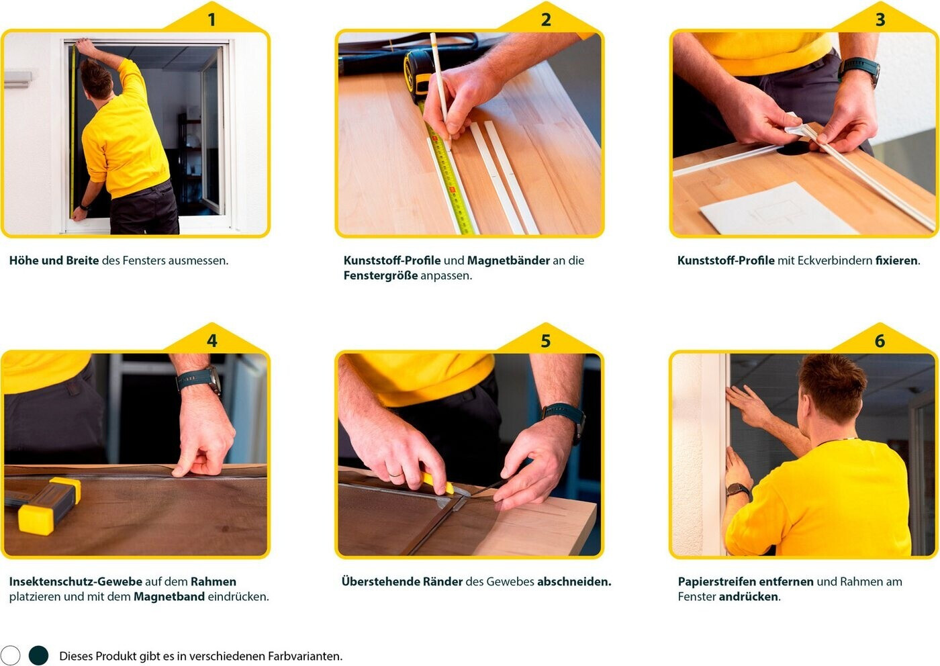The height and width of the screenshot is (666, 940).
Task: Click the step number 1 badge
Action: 211,19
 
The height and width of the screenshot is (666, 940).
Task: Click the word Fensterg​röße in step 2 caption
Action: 381,276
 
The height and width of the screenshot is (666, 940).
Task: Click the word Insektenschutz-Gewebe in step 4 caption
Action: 75,581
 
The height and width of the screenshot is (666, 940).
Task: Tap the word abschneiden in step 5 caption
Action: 573,581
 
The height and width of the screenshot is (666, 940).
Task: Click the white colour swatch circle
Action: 11,655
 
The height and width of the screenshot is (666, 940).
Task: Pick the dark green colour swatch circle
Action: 39,655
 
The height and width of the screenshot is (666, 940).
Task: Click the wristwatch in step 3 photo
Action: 860,70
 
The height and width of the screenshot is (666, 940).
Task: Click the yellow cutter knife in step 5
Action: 438,483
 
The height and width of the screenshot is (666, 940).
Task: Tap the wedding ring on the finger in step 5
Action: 395,475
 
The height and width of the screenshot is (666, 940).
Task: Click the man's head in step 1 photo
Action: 96,79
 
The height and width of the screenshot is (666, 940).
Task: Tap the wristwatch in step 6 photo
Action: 738,489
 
